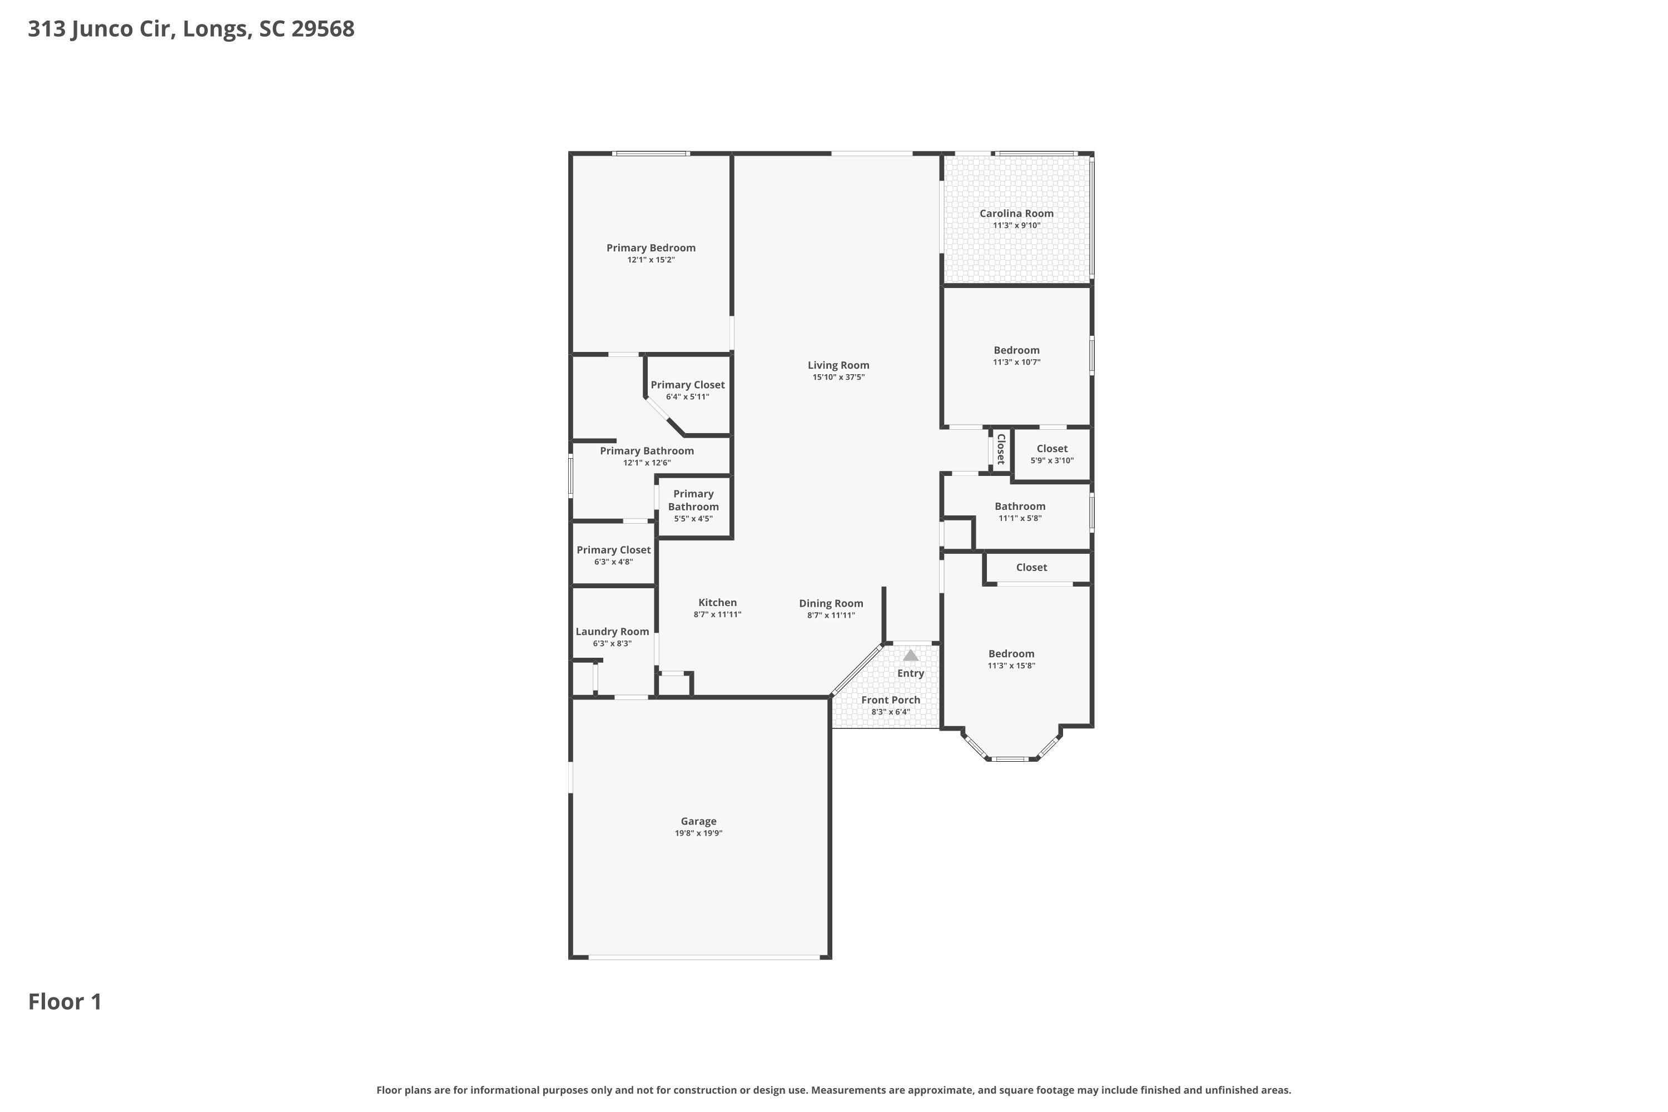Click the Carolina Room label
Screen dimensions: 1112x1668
[1016, 214]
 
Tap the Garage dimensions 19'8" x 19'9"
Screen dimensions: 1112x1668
[698, 833]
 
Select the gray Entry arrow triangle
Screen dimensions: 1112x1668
[911, 656]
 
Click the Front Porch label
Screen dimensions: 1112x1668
[890, 700]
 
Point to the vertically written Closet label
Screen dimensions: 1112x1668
[1001, 449]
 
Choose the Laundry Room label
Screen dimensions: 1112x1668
[612, 632]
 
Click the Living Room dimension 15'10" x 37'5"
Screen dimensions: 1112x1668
[838, 378]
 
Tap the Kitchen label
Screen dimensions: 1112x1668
[717, 603]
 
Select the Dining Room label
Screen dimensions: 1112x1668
[831, 603]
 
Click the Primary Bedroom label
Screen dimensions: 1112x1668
[651, 248]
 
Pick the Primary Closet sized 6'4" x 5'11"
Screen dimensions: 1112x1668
[687, 385]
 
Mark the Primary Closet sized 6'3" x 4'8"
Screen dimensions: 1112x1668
[613, 550]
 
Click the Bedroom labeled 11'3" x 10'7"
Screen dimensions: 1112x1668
[1016, 350]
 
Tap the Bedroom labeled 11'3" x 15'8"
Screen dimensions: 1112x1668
[1011, 654]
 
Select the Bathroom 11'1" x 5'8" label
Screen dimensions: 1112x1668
[1019, 507]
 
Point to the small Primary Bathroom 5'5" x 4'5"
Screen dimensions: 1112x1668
[693, 501]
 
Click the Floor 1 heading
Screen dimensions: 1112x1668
[65, 1002]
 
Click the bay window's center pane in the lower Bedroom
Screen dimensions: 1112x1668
[1011, 759]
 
